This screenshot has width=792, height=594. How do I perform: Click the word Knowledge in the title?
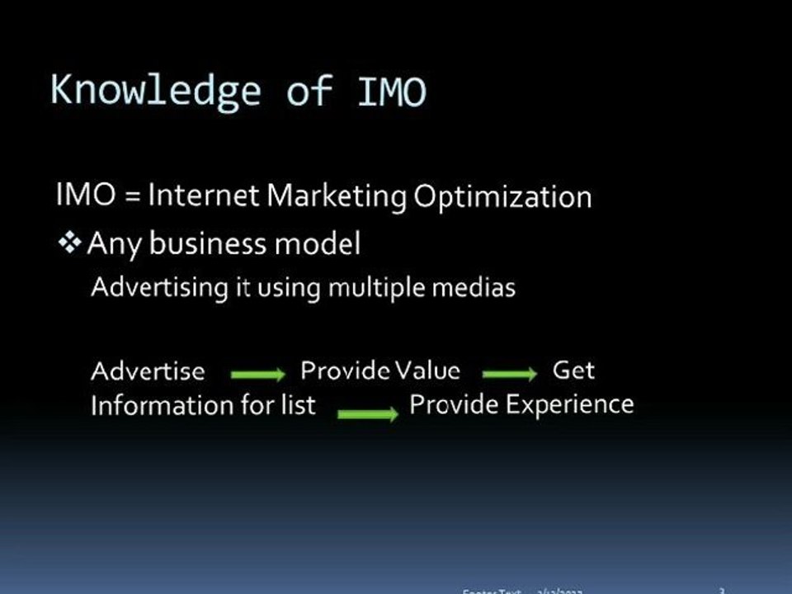point(154,90)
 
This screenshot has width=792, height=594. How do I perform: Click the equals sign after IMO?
point(131,196)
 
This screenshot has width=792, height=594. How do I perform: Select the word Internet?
point(205,196)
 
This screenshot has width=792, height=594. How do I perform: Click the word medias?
point(479,288)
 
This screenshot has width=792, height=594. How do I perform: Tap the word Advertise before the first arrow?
point(148,371)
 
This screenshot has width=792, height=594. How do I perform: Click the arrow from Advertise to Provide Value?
point(257,375)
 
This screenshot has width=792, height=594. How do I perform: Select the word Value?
point(427,370)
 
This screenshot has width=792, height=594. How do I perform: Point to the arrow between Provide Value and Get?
point(509,375)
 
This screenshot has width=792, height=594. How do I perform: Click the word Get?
point(573,370)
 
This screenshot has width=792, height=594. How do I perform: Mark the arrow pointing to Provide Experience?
point(367,412)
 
